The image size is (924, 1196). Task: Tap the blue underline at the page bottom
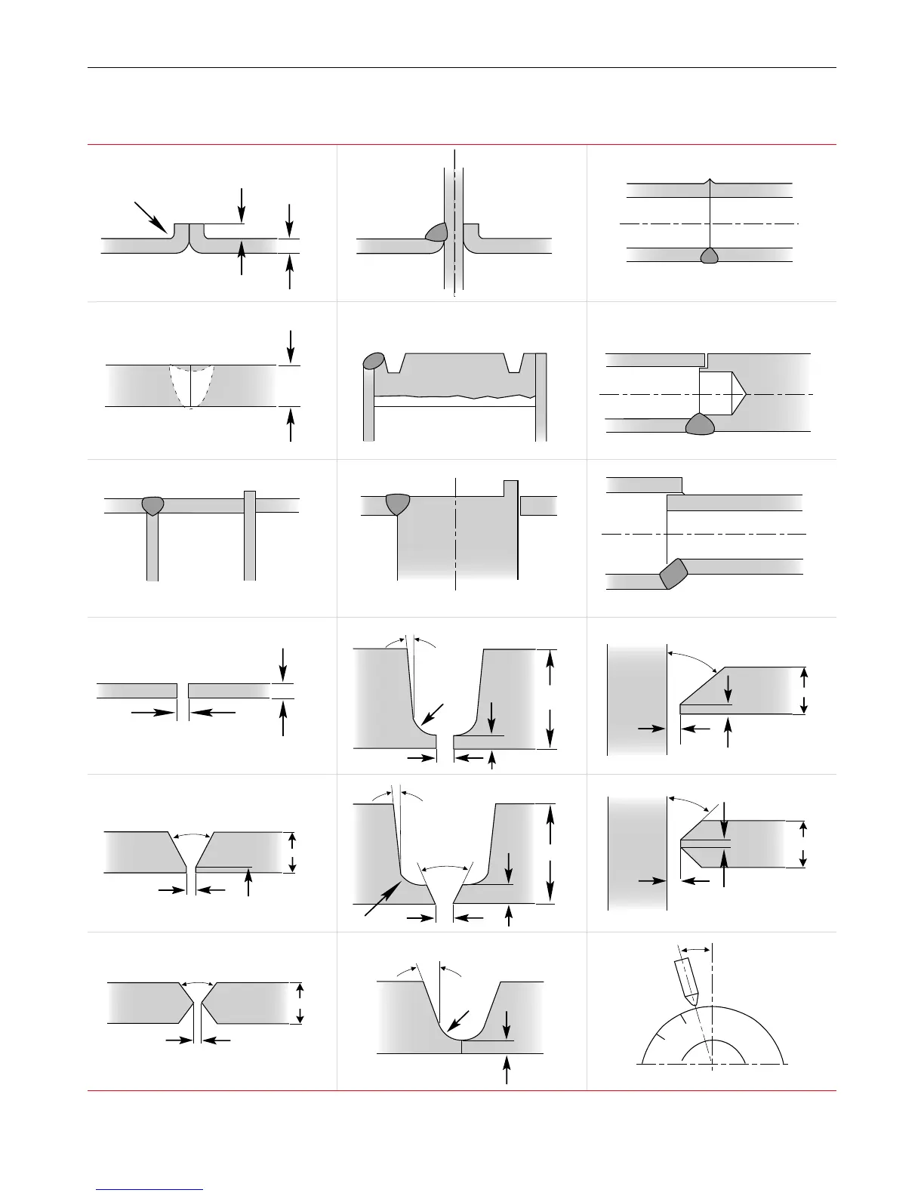tap(149, 1189)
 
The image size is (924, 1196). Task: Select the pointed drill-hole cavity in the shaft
tap(722, 393)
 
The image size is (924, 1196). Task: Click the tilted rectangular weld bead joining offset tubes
tap(673, 573)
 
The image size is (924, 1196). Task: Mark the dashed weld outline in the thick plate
tap(191, 386)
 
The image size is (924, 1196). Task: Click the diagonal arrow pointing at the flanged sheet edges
tap(150, 217)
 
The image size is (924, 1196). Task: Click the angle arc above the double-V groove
tap(198, 983)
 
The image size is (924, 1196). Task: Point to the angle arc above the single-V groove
tap(191, 834)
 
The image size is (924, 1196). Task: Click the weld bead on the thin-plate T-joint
tap(152, 504)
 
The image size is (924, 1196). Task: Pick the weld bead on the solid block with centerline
tap(397, 503)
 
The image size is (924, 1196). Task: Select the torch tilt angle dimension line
tap(695, 950)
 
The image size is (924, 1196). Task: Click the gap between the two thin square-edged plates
tap(183, 691)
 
